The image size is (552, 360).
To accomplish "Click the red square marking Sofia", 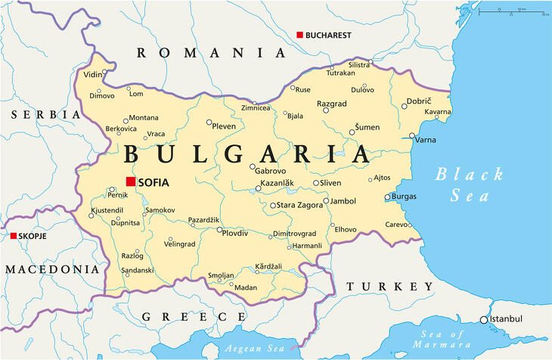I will (x=131, y=182).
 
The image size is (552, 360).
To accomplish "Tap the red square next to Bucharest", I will (x=299, y=35).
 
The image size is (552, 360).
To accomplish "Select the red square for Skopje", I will (x=13, y=236).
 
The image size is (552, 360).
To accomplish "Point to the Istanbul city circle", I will (x=484, y=320).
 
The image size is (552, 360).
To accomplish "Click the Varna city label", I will (x=426, y=139).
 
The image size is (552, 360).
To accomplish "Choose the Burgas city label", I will (x=404, y=197).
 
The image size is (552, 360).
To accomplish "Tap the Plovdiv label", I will (x=236, y=233).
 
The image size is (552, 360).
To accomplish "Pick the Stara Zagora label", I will (x=300, y=205).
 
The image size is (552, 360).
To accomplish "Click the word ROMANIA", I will (x=211, y=53).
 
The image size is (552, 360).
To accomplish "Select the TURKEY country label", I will (x=390, y=287).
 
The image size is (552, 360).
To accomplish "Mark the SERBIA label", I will (x=45, y=114).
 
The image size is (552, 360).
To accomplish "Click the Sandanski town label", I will (x=138, y=270).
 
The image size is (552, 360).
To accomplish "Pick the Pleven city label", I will (x=225, y=126).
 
